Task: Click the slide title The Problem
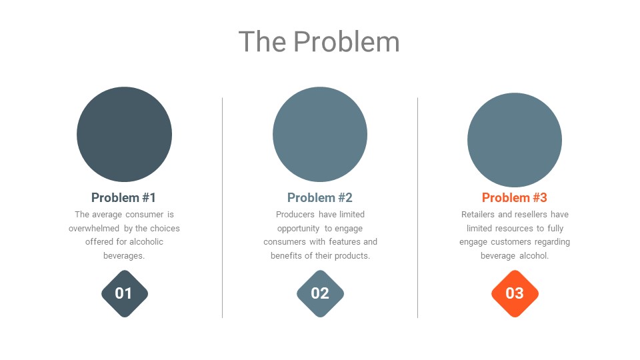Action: point(319,41)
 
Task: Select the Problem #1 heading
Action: point(124,197)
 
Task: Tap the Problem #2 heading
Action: point(319,197)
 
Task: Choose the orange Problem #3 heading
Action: point(514,197)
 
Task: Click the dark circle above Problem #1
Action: point(124,134)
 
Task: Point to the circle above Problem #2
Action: point(320,134)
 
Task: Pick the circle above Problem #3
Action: point(515,140)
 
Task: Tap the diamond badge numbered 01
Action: point(125,293)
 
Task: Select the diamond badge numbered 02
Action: point(320,293)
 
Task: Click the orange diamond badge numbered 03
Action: point(515,293)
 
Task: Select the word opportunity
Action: point(298,229)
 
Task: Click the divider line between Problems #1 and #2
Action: point(223,208)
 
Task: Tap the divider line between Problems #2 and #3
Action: point(417,208)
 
